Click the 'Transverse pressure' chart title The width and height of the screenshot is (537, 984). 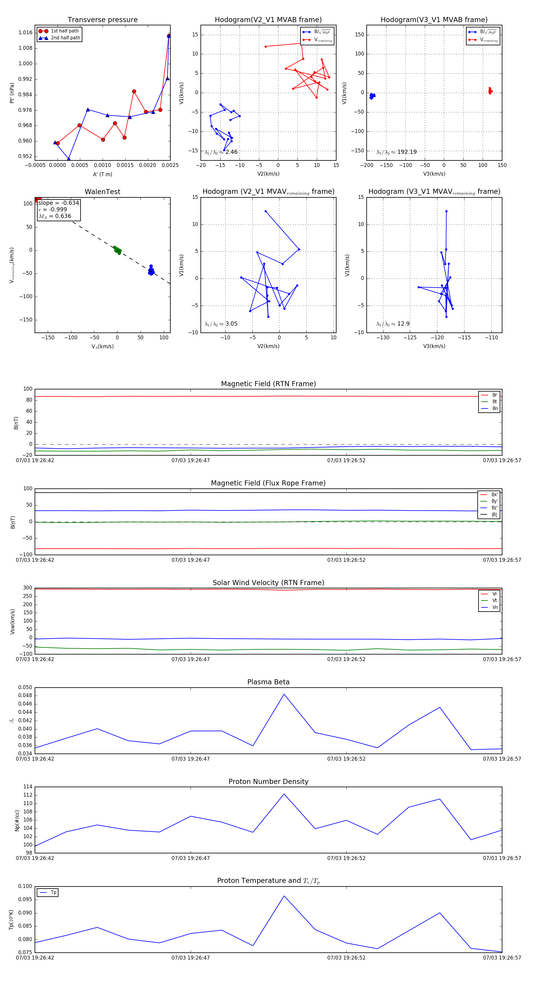pos(102,20)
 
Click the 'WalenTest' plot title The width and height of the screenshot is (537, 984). pos(102,192)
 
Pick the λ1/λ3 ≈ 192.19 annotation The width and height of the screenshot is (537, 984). pos(396,152)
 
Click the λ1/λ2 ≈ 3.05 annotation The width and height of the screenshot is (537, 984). pos(221,324)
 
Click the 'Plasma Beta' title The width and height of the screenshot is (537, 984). pos(268,682)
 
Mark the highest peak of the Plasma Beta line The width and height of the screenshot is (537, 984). pos(284,694)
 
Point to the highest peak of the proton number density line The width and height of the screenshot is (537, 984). pos(284,794)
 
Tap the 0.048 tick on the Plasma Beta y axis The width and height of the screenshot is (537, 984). pos(25,696)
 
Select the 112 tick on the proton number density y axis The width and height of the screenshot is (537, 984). pos(27,795)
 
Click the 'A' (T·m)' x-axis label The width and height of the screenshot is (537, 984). pos(102,174)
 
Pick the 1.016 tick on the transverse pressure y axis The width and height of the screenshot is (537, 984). pos(25,33)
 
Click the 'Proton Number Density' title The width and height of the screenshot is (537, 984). pos(268,782)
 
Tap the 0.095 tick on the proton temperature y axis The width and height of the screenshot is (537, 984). pos(25,900)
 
